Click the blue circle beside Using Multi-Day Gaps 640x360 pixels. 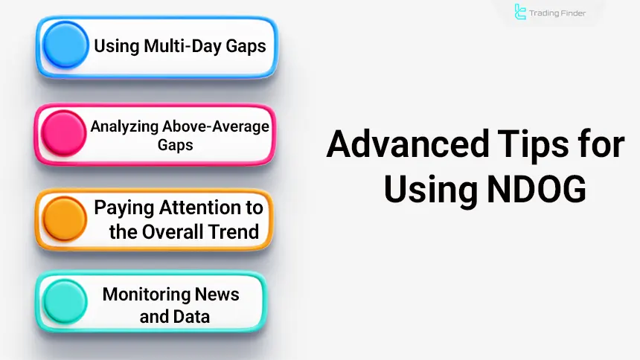[x=65, y=46]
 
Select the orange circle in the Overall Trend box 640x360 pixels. [x=65, y=219]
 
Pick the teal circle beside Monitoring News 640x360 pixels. [x=65, y=300]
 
